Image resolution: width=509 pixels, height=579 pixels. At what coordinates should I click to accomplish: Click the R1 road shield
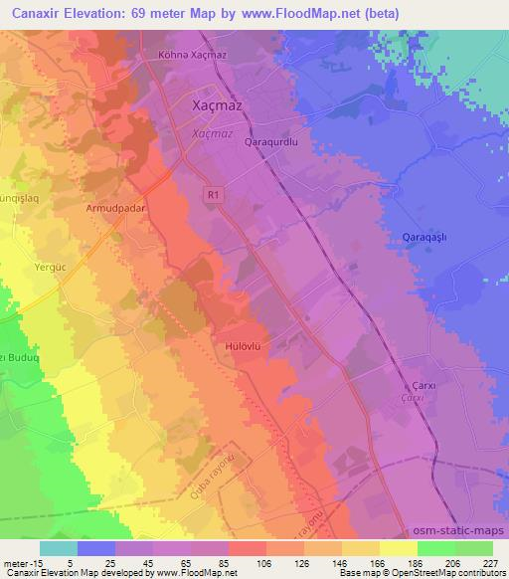pyautogui.click(x=214, y=197)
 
